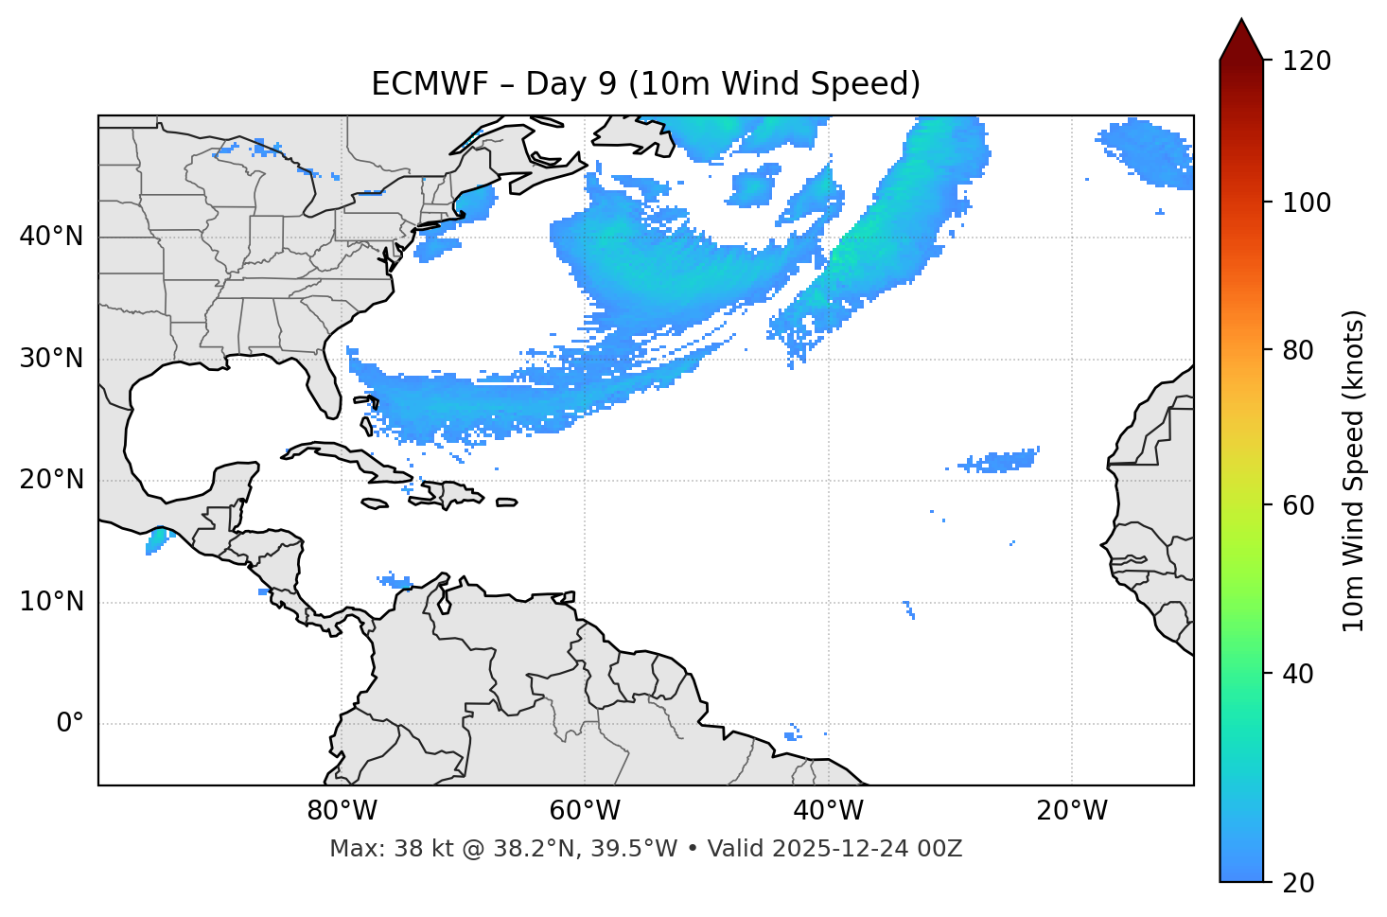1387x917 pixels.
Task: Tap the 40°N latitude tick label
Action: [x=51, y=237]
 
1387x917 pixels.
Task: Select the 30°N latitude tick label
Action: [x=51, y=359]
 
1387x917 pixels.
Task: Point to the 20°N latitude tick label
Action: [x=51, y=480]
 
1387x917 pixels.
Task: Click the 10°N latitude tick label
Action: [x=51, y=602]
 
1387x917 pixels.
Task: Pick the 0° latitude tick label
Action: [x=69, y=724]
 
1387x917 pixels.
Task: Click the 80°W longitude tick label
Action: [x=342, y=811]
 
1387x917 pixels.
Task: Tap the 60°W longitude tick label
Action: [x=584, y=811]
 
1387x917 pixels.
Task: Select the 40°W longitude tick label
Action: [x=828, y=811]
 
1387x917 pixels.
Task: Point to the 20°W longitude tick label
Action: [x=1071, y=811]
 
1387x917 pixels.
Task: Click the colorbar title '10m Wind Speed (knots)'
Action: [x=1354, y=470]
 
